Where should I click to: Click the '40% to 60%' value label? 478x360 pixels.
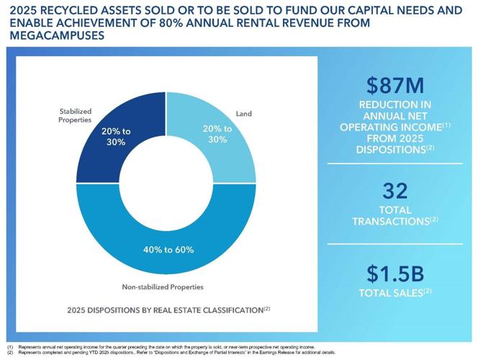tap(167, 250)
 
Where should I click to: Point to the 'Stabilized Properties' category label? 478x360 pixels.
tap(75, 115)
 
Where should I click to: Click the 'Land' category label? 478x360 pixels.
tap(244, 114)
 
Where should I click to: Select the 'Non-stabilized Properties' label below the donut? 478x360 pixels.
tap(163, 287)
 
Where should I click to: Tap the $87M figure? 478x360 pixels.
tap(395, 84)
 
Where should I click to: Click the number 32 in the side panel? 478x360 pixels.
tap(395, 191)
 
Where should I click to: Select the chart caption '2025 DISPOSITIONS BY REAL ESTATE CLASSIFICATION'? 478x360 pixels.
tap(164, 310)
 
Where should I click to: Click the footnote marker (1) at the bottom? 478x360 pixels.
tap(10, 347)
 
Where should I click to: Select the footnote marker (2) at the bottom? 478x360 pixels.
tap(10, 352)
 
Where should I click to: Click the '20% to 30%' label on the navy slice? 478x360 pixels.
tap(117, 137)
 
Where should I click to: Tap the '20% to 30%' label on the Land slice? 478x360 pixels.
tap(217, 134)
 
